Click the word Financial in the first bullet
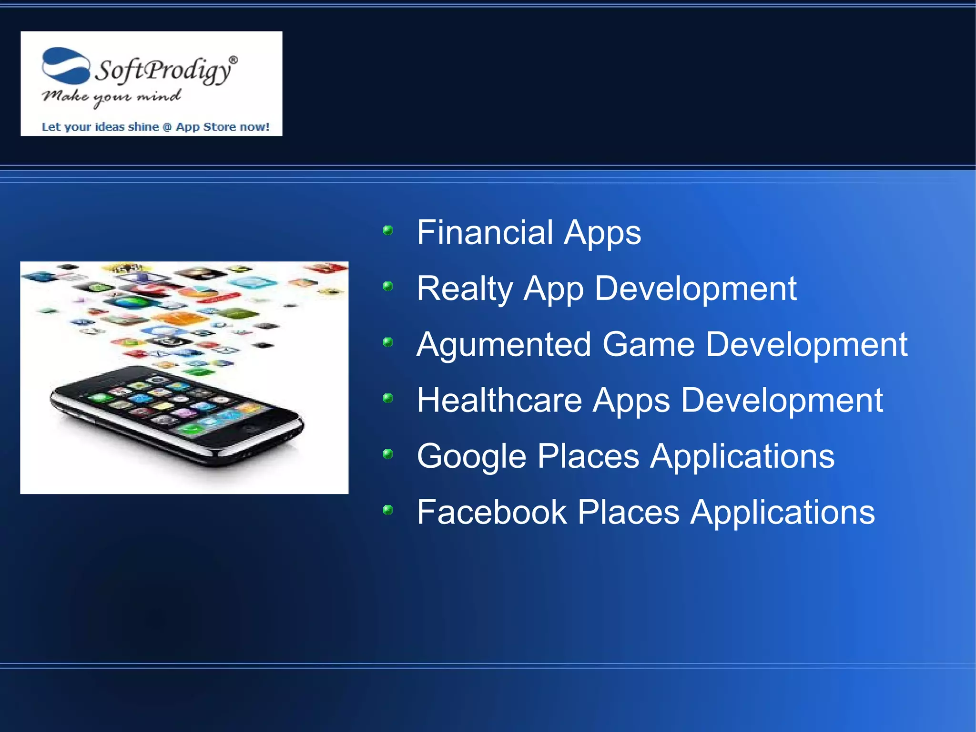(484, 233)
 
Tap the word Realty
(465, 289)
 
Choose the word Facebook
(491, 513)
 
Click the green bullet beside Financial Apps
(388, 231)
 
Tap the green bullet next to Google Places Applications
(388, 454)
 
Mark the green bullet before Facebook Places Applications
(388, 510)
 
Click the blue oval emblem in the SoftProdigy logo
(66, 66)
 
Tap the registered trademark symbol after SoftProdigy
(233, 60)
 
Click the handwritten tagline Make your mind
(111, 97)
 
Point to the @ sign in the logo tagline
(167, 127)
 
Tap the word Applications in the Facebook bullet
(783, 513)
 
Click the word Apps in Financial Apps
(602, 233)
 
